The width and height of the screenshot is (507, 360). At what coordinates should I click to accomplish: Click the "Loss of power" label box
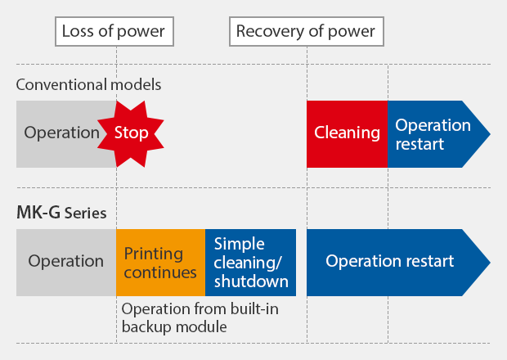[x=114, y=31]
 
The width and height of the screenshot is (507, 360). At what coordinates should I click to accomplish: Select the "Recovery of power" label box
[x=307, y=31]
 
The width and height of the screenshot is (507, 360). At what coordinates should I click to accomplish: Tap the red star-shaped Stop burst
[x=131, y=134]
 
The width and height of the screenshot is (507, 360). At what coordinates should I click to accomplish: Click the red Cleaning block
[x=347, y=134]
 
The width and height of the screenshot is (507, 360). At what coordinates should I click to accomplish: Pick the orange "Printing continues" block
[x=161, y=263]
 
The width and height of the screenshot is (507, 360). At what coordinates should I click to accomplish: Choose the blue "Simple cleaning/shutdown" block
[x=250, y=263]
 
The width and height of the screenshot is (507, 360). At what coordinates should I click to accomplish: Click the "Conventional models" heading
[x=88, y=85]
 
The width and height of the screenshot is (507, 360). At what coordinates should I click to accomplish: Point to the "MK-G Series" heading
[x=61, y=213]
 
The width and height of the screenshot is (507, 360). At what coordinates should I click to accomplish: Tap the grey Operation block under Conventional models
[x=61, y=134]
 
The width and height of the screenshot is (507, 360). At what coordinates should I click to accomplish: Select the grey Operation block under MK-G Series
[x=66, y=263]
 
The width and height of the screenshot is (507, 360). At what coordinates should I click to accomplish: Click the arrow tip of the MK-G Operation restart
[x=490, y=263]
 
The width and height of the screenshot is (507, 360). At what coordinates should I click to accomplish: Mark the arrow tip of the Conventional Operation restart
[x=490, y=134]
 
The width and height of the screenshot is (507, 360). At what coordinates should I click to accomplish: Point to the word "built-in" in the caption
[x=254, y=309]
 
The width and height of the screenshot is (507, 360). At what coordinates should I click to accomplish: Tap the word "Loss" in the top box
[x=78, y=31]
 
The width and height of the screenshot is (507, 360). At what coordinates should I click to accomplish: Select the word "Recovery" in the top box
[x=271, y=31]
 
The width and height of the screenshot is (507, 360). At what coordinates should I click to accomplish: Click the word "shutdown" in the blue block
[x=251, y=281]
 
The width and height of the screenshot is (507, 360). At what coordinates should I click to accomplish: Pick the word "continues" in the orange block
[x=160, y=272]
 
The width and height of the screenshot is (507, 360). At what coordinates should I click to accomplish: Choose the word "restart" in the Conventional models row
[x=420, y=144]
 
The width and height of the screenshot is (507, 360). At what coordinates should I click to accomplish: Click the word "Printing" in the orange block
[x=154, y=254]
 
